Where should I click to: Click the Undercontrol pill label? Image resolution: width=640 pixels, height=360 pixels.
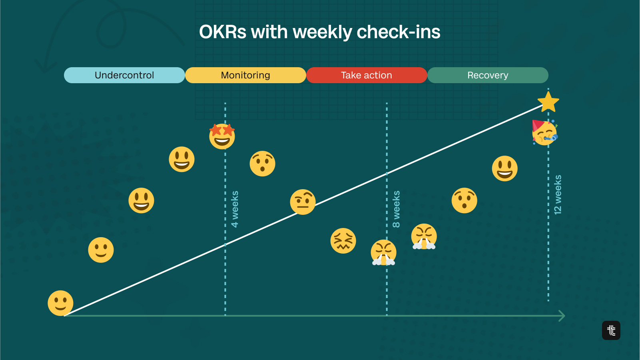tap(124, 75)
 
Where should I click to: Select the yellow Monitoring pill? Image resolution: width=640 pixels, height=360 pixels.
tap(246, 75)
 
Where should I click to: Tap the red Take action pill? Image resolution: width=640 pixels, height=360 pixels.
tap(367, 75)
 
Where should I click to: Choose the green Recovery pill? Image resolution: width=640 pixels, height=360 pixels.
tap(488, 75)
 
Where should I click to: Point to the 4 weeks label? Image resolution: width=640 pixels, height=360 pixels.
tap(235, 209)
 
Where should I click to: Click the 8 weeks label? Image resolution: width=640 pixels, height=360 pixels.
tap(396, 209)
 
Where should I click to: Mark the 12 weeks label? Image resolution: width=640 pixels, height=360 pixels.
tap(558, 195)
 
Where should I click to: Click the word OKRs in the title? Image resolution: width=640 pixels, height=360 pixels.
tap(223, 32)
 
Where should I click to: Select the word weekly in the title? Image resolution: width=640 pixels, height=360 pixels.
tap(322, 32)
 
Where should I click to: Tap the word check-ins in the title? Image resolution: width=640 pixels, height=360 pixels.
tap(399, 32)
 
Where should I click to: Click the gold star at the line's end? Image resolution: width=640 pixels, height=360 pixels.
tap(548, 102)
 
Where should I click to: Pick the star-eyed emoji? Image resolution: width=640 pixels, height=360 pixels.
tap(222, 136)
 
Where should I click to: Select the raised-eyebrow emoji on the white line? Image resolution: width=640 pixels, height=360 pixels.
tap(303, 202)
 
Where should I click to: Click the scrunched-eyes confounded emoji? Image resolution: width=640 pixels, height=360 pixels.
tap(343, 241)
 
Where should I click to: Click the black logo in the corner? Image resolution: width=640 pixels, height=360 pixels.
tap(611, 330)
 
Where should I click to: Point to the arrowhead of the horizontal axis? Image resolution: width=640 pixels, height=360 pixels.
tap(562, 316)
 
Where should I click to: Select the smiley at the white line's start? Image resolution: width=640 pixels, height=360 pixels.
tap(61, 303)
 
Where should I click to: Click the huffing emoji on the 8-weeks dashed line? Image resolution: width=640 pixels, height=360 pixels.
tap(383, 252)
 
